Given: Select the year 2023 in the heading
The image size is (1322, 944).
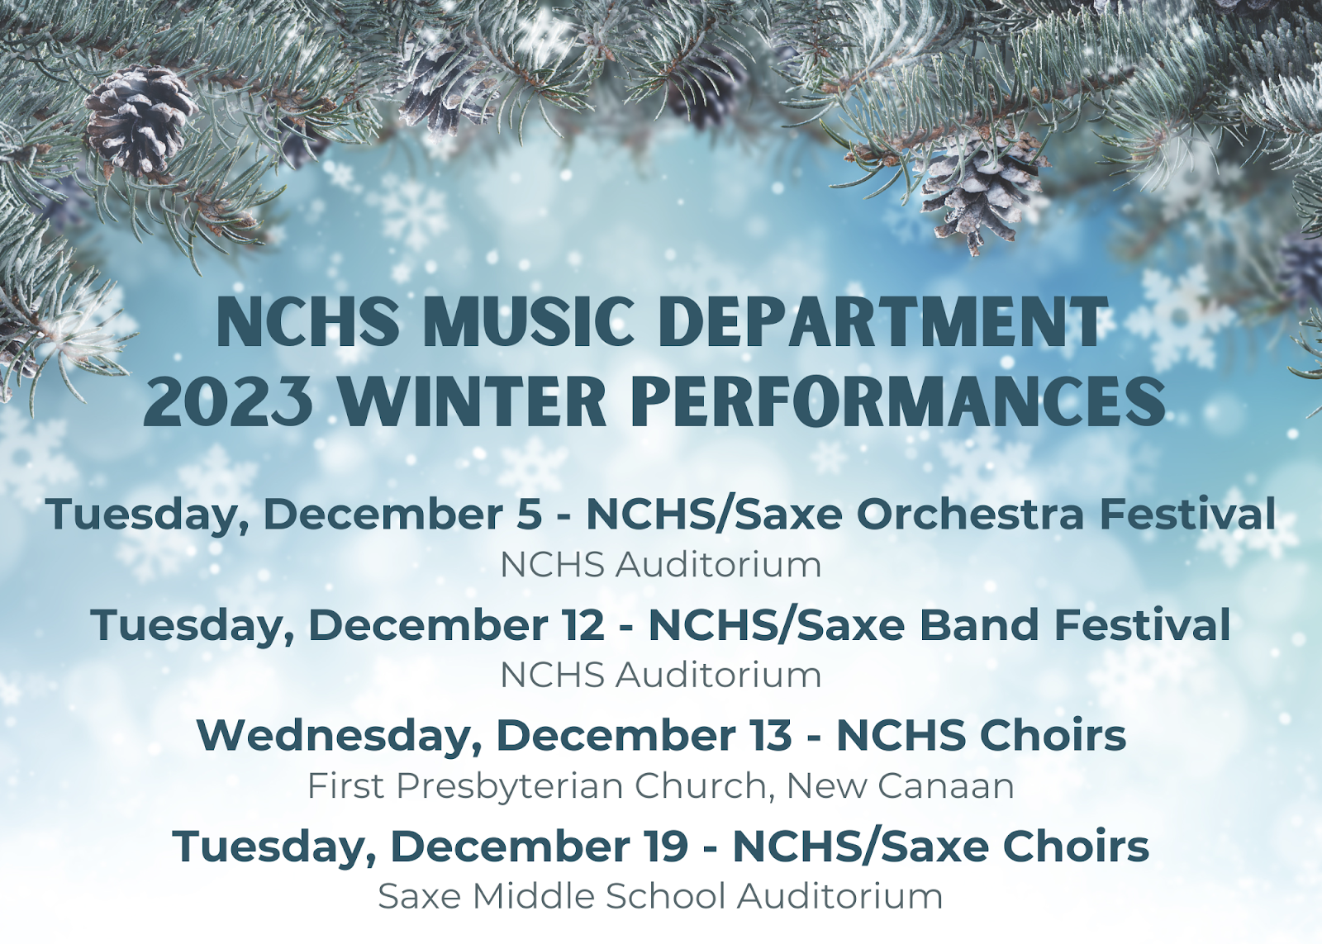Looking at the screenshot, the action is tap(228, 403).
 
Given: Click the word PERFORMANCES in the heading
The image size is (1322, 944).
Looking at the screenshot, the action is tap(898, 403).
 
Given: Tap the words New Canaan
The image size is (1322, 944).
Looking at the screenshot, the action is tap(901, 786).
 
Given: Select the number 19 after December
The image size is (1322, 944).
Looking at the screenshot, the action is tap(667, 847).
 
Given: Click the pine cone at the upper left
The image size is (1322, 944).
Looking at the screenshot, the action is tap(140, 122).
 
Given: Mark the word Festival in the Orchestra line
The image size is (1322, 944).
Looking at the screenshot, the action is tap(1187, 515).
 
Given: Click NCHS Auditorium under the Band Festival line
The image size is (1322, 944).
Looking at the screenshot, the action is tap(660, 676).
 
